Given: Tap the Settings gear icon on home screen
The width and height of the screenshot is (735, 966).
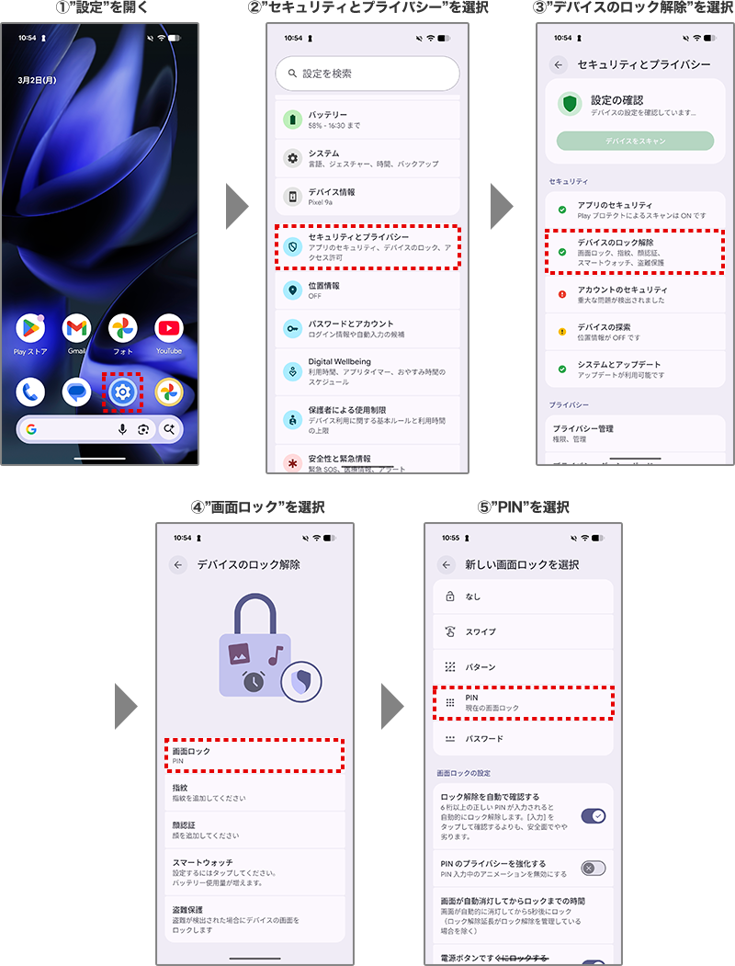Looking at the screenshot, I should pos(122,392).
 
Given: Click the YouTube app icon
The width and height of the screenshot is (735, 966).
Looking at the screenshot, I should pos(169,328).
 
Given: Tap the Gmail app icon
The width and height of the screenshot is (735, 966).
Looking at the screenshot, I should pos(76,328).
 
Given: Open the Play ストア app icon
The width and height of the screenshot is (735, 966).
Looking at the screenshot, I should pos(30,328).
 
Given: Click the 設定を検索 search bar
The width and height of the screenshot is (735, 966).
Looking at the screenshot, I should pos(367,74).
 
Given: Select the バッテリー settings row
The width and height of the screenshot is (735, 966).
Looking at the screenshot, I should pos(367,119).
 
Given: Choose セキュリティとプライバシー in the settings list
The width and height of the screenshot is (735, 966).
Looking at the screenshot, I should pos(367,247).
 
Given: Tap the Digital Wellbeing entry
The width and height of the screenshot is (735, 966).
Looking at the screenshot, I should pos(367,371).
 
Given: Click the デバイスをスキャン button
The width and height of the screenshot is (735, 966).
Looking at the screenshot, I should pos(635,142).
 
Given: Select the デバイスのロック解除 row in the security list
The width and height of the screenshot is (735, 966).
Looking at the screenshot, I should pos(635,252).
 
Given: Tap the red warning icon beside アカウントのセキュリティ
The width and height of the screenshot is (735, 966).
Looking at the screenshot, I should pos(562,295).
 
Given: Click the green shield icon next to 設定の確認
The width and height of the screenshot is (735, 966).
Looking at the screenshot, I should pos(570,104).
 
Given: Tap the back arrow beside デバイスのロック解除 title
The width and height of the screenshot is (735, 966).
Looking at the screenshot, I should pos(178,564).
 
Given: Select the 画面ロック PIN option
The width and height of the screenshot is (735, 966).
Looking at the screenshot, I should pos(254,756).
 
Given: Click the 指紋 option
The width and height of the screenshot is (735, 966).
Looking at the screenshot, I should pos(254,792).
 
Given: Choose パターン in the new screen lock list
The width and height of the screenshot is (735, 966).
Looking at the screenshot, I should pos(523,667).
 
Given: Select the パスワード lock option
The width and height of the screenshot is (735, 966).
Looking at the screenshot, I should pos(523,739).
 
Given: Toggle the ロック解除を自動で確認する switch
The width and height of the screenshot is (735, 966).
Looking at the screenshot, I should pos(594,815).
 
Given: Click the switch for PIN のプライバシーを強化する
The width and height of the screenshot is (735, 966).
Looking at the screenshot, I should pos(594,869).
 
